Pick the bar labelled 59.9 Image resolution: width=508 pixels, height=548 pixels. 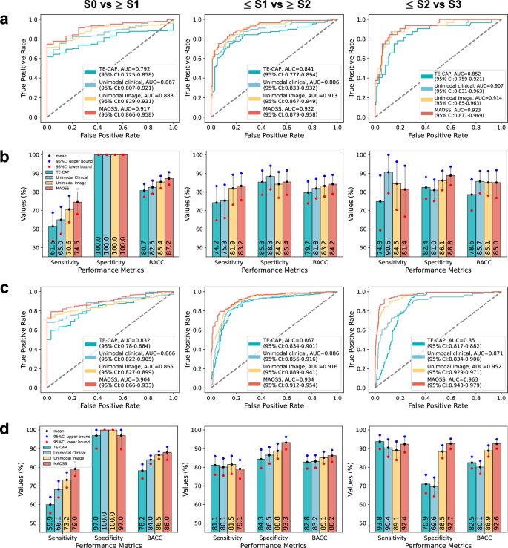pyautogui.click(x=50, y=505)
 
